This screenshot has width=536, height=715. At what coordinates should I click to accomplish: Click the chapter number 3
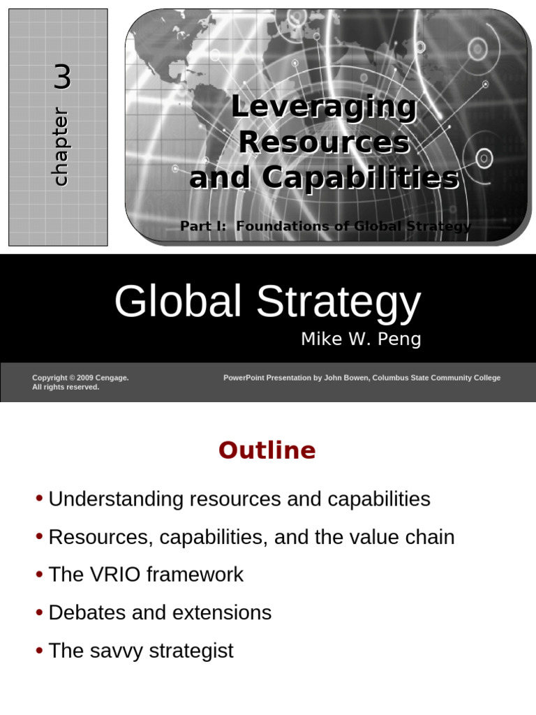(x=62, y=77)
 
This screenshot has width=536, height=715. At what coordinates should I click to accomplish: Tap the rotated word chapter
(x=61, y=147)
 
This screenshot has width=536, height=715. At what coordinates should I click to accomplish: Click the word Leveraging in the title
(x=324, y=107)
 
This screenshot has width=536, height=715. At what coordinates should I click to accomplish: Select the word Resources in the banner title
(x=324, y=142)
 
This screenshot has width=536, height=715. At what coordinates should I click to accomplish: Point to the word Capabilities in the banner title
(x=360, y=178)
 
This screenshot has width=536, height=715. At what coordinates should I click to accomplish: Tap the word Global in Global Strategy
(x=179, y=302)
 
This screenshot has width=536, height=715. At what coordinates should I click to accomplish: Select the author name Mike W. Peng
(x=361, y=339)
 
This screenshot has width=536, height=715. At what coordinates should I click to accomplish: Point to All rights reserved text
(x=66, y=387)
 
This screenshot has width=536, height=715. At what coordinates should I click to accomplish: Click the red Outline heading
(x=267, y=450)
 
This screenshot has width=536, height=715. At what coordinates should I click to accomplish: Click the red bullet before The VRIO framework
(x=39, y=575)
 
